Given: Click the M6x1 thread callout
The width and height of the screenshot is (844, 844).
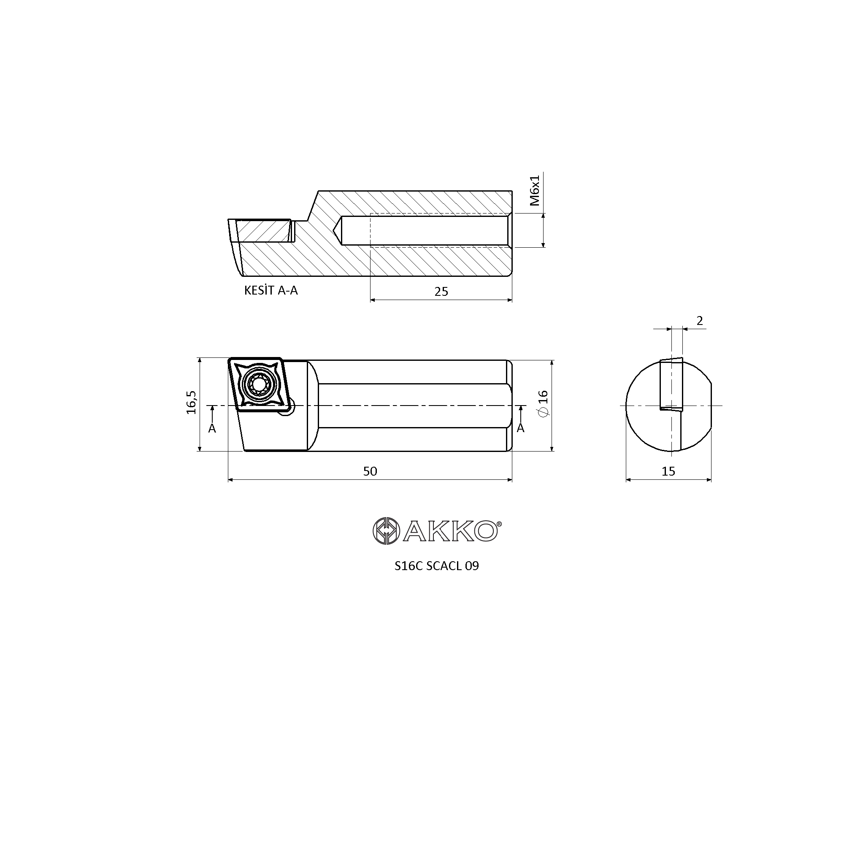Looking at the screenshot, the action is (535, 190).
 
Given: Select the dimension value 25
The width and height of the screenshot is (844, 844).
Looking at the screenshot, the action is (441, 291).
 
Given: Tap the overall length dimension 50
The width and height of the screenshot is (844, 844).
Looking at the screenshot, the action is (370, 471).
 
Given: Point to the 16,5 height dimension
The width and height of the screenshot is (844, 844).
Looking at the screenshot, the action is (191, 402).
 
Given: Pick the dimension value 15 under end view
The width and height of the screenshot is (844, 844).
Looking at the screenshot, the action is (668, 471).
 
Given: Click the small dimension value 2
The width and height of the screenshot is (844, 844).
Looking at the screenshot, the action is (700, 321).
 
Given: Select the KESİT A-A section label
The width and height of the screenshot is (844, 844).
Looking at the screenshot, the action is (271, 290).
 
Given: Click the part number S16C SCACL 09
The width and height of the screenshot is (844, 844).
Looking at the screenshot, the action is (436, 566).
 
